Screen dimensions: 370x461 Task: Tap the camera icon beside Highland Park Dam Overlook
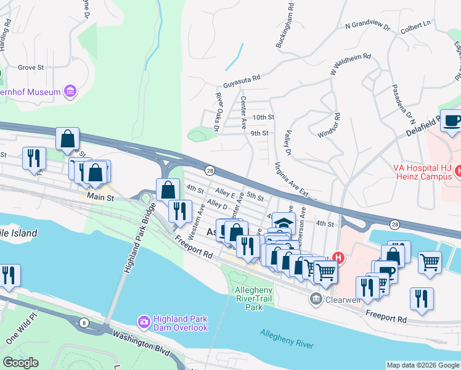tap(144, 321)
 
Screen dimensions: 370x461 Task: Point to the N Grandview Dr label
tap(368, 26)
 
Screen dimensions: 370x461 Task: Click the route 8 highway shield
tap(83, 321)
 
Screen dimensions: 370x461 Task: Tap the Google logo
tap(20, 363)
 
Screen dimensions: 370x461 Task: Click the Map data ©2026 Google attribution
tap(422, 365)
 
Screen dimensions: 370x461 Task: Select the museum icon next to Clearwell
tap(316, 298)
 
